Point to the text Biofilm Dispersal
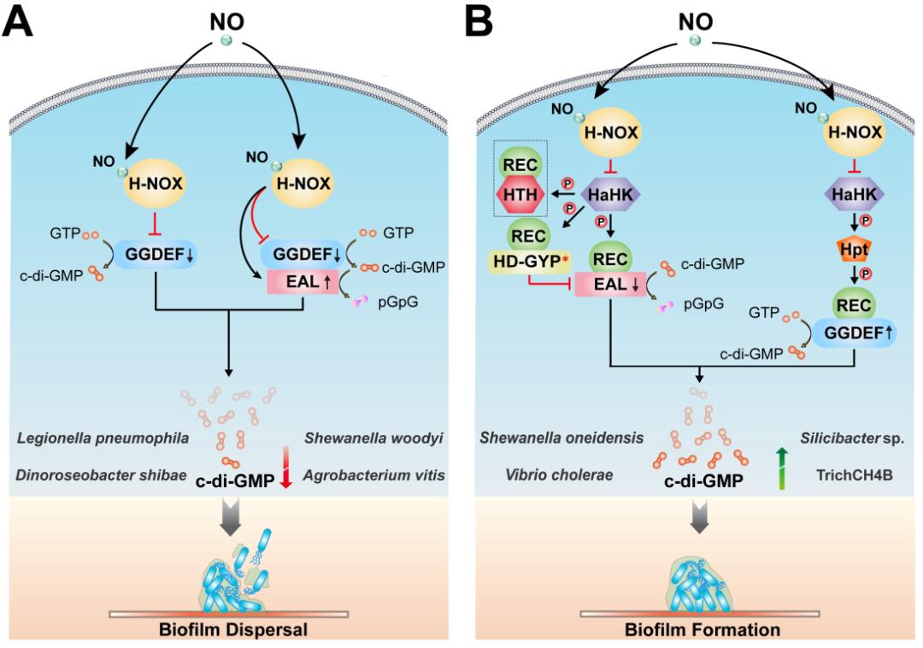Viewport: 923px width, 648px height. click(x=229, y=631)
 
